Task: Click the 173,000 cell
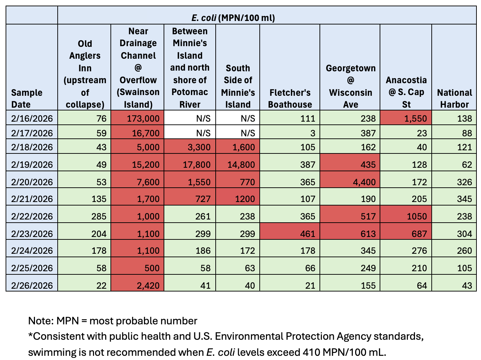pos(143,118)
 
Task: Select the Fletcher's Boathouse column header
pos(290,99)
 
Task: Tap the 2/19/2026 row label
pos(32,165)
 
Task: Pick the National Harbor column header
pos(454,99)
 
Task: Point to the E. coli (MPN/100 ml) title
pos(233,18)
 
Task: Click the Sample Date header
pos(27,99)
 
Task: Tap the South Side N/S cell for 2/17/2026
pos(247,133)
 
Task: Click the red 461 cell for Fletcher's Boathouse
pos(307,233)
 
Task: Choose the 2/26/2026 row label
pos(32,286)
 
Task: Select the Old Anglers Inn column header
pos(85,74)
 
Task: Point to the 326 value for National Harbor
pos(464,182)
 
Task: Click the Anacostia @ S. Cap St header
pos(406,92)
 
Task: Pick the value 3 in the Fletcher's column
pos(313,133)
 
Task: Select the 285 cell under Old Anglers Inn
pos(99,216)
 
